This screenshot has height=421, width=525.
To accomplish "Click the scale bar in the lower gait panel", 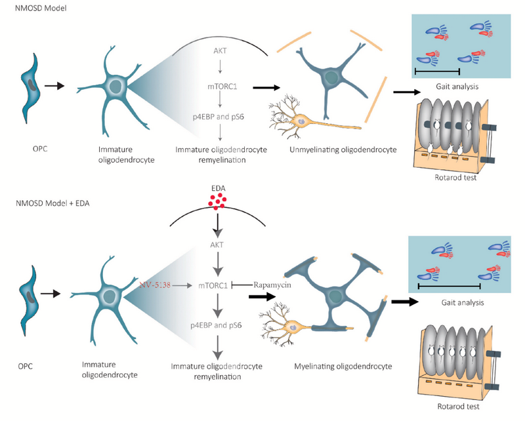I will click(449, 287).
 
